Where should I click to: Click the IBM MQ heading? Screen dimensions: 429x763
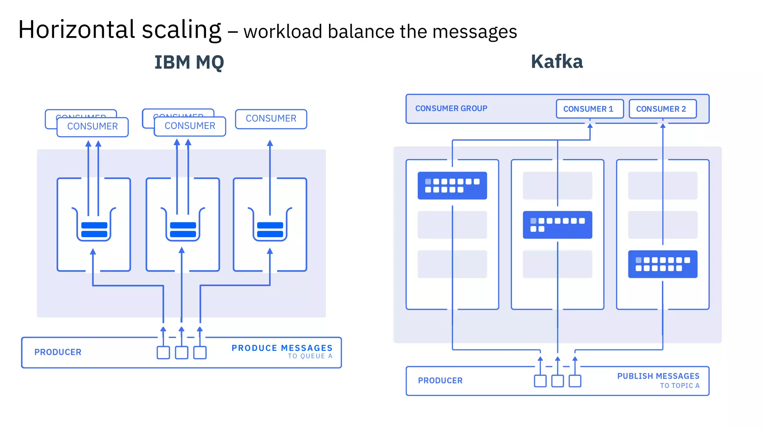pos(189,63)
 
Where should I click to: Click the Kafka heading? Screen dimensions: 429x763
pos(557,62)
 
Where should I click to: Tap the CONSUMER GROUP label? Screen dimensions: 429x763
pos(451,108)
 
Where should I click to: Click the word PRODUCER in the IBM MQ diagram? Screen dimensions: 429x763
pos(58,352)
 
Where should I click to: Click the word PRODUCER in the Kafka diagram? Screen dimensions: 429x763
pos(440,381)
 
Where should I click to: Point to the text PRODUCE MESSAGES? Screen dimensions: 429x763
pos(282,348)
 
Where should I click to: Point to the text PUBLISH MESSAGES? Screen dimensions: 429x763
pos(658,376)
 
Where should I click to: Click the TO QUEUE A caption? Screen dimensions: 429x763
pos(310,356)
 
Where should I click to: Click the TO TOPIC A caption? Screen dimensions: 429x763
pos(680,386)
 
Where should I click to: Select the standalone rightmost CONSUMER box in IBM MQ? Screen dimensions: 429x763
pos(271,119)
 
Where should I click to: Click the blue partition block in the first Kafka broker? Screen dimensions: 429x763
pos(452,185)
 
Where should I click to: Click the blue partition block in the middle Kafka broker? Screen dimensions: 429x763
pos(557,225)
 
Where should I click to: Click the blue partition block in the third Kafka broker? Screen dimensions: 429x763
pos(662,264)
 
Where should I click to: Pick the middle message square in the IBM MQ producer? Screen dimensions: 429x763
pos(181,353)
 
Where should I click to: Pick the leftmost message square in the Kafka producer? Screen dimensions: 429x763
pos(540,381)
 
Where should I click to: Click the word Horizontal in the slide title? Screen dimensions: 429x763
pos(76,30)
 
